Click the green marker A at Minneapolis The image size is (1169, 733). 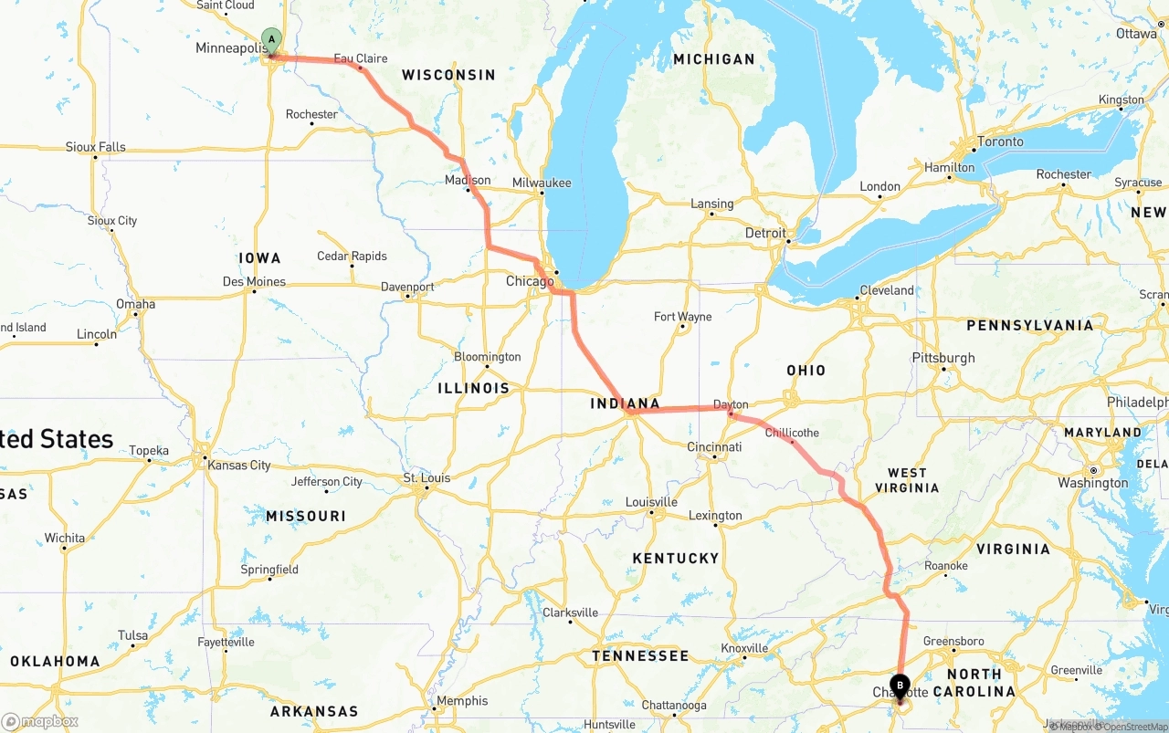(x=271, y=39)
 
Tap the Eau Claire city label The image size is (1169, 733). (x=360, y=58)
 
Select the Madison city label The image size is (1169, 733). (x=468, y=180)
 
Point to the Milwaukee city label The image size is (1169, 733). (x=542, y=183)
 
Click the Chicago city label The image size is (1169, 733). (x=530, y=281)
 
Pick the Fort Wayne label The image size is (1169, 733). (x=682, y=317)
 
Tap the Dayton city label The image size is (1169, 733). (x=731, y=404)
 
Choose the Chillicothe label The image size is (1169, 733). (x=792, y=432)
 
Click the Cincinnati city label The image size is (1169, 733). (x=714, y=447)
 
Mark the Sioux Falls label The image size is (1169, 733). (x=95, y=147)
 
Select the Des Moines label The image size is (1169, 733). (x=254, y=281)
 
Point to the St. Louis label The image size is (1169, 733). (x=427, y=477)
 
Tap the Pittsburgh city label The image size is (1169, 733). (x=943, y=358)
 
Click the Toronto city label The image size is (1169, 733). (x=1000, y=141)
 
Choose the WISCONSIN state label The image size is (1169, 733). (x=448, y=75)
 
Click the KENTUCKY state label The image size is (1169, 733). (x=676, y=558)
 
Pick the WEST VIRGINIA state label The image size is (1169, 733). (x=907, y=480)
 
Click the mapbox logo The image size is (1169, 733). (x=40, y=721)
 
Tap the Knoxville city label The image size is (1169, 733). (x=744, y=648)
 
